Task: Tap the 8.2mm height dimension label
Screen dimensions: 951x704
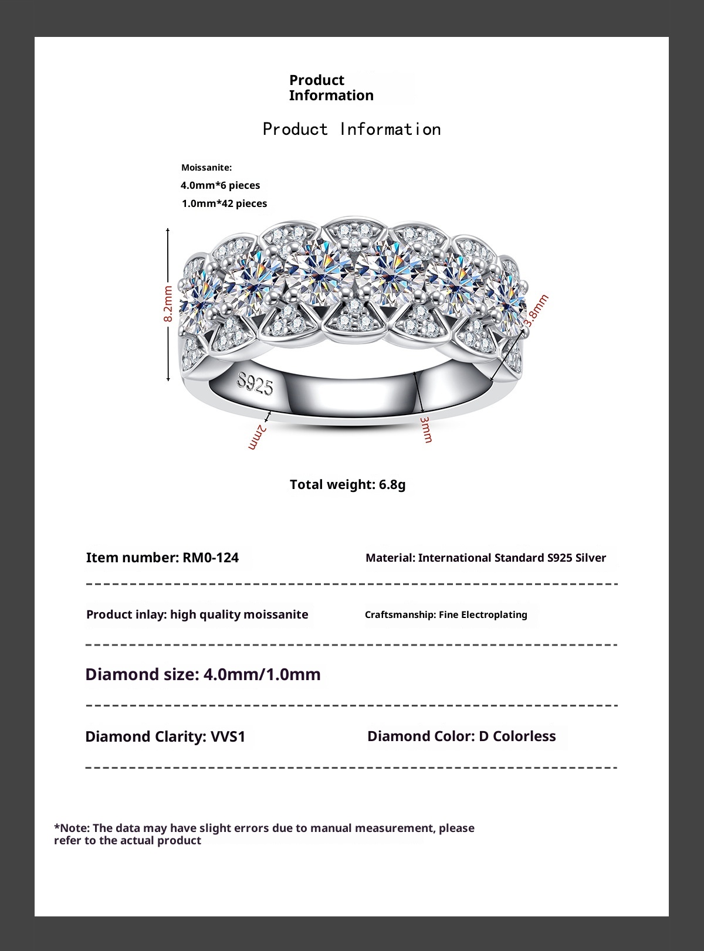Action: (168, 303)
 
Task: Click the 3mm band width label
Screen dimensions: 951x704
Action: (427, 430)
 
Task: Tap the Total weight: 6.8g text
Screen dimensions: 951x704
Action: (347, 484)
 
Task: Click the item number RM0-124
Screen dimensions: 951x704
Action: (211, 558)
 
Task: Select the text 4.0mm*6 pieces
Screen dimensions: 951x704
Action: (220, 185)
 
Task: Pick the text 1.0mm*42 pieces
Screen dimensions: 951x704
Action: (224, 203)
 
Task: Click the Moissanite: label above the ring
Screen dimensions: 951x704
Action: (207, 168)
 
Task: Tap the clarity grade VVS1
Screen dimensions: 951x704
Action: (228, 736)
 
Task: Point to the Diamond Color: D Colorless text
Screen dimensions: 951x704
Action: (461, 736)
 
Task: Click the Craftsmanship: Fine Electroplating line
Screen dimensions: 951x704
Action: (446, 614)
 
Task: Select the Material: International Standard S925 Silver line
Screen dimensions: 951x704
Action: (486, 558)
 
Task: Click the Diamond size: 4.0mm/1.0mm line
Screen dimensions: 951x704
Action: (203, 674)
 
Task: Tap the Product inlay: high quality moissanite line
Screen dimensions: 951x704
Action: (197, 614)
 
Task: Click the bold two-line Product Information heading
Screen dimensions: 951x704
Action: (331, 88)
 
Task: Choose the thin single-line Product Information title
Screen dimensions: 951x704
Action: (351, 129)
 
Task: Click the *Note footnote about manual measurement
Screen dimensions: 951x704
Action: (264, 834)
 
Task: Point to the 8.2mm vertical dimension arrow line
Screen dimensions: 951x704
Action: (168, 258)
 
